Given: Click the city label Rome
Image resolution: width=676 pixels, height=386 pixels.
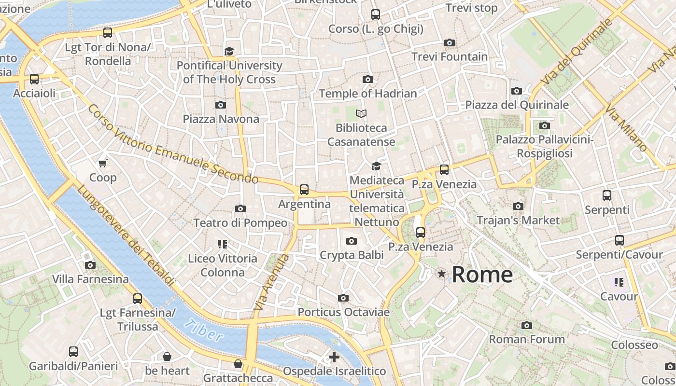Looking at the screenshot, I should pyautogui.click(x=482, y=275).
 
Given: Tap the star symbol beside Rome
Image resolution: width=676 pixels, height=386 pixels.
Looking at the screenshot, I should pyautogui.click(x=441, y=274).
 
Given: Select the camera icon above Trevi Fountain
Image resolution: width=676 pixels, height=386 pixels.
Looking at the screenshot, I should pyautogui.click(x=450, y=43).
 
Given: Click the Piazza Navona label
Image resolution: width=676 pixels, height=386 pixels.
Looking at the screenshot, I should pyautogui.click(x=221, y=119).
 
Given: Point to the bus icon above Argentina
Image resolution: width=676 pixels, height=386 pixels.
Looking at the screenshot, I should pyautogui.click(x=304, y=190).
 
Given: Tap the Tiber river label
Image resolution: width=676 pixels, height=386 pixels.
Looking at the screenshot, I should pyautogui.click(x=205, y=331).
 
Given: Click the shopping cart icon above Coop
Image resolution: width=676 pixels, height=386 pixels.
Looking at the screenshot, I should pyautogui.click(x=103, y=164).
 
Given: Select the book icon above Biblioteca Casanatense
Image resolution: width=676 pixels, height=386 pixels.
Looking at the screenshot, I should pyautogui.click(x=361, y=114).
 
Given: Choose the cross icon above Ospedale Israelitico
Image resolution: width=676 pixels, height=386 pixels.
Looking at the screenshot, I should pyautogui.click(x=334, y=357).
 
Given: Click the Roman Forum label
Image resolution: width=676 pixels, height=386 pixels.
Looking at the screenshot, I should pyautogui.click(x=527, y=339).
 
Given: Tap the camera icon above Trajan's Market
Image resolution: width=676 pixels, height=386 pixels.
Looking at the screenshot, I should pyautogui.click(x=518, y=207).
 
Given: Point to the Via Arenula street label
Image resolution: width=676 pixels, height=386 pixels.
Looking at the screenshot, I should pyautogui.click(x=271, y=283).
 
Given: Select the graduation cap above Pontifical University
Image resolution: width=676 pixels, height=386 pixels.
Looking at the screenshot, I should pyautogui.click(x=229, y=51).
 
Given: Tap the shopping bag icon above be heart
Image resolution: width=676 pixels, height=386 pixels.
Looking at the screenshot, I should pyautogui.click(x=167, y=357).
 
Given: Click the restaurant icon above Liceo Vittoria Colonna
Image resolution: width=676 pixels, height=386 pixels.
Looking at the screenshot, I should pyautogui.click(x=223, y=244).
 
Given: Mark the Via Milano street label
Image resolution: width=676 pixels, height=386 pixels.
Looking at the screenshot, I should pyautogui.click(x=626, y=128).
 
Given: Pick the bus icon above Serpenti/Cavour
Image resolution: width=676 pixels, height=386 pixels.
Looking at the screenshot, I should pyautogui.click(x=620, y=240).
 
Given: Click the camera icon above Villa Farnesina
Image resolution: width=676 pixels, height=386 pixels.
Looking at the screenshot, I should pyautogui.click(x=90, y=265).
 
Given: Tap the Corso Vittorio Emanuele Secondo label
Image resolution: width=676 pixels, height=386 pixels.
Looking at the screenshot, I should pyautogui.click(x=173, y=145).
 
